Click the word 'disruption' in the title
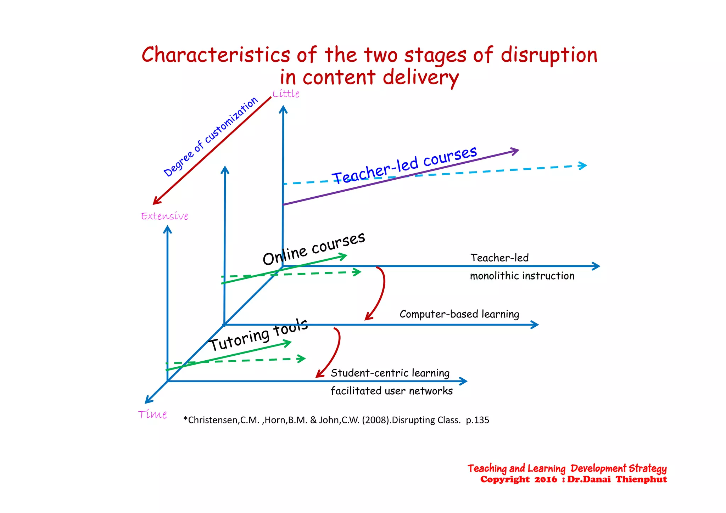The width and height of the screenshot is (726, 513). pos(549,56)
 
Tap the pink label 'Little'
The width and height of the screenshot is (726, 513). pos(286,94)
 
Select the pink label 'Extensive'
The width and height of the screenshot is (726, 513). pos(164,216)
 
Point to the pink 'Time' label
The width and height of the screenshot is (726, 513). pos(152,414)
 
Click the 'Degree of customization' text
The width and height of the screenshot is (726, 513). pos(211,137)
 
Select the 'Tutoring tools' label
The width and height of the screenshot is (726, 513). pos(258,335)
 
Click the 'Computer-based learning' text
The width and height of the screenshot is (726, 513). pos(459,314)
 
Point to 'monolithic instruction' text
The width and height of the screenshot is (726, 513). pos(522,276)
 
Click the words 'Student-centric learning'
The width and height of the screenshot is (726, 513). pos(390,373)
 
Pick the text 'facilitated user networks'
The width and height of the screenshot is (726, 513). pos(391,391)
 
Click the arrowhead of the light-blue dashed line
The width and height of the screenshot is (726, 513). pos(583,165)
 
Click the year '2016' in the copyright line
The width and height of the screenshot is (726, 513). pos(546,480)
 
